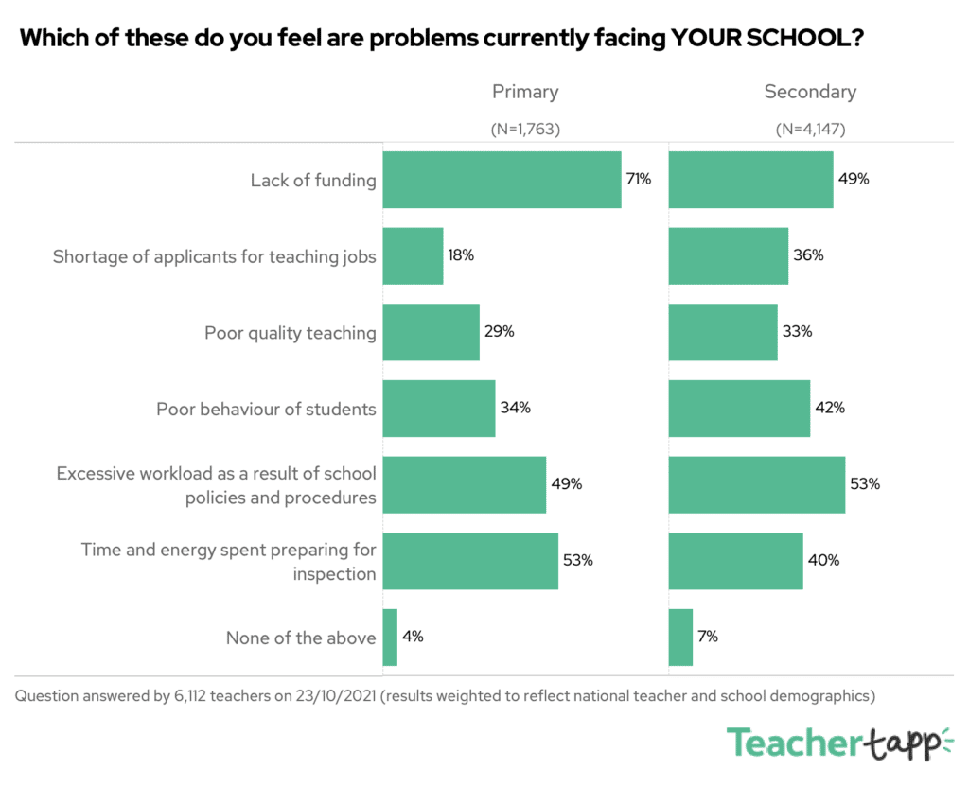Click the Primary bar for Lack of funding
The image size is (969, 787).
point(502,180)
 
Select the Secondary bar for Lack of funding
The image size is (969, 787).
point(750,180)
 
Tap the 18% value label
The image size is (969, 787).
point(461,255)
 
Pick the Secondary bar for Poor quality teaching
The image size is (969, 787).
point(723,332)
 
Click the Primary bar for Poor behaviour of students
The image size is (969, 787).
point(439,409)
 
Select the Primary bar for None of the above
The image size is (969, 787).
point(390,638)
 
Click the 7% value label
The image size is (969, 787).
point(709,637)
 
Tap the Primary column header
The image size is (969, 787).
point(525,92)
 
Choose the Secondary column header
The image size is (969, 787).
point(810,92)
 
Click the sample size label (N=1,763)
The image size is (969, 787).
point(525,130)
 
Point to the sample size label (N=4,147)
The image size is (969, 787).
point(810,130)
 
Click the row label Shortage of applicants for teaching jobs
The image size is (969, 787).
point(215,256)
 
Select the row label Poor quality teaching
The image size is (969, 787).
point(291,333)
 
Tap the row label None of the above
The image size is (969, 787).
point(301,638)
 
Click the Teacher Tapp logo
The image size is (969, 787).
point(838,743)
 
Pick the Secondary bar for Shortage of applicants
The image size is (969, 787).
point(729,255)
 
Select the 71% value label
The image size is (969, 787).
point(638,179)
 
